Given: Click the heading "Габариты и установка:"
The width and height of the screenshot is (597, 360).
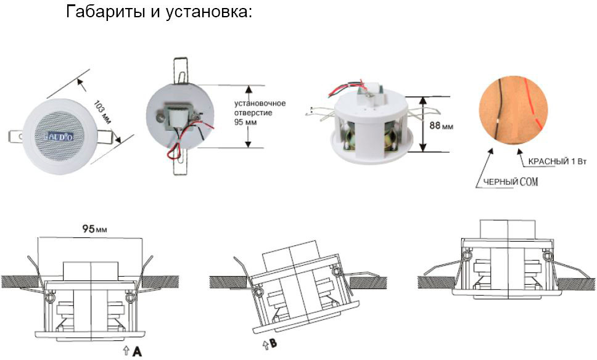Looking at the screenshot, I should click(x=159, y=12).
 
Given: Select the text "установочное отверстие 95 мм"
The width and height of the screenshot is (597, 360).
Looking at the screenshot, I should click(x=260, y=113).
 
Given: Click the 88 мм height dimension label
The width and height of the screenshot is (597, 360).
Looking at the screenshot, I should click(x=440, y=125).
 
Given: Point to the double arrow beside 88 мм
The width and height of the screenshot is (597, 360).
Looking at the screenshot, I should click(x=422, y=124).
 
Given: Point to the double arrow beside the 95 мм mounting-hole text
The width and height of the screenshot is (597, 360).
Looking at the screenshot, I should click(x=248, y=116).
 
